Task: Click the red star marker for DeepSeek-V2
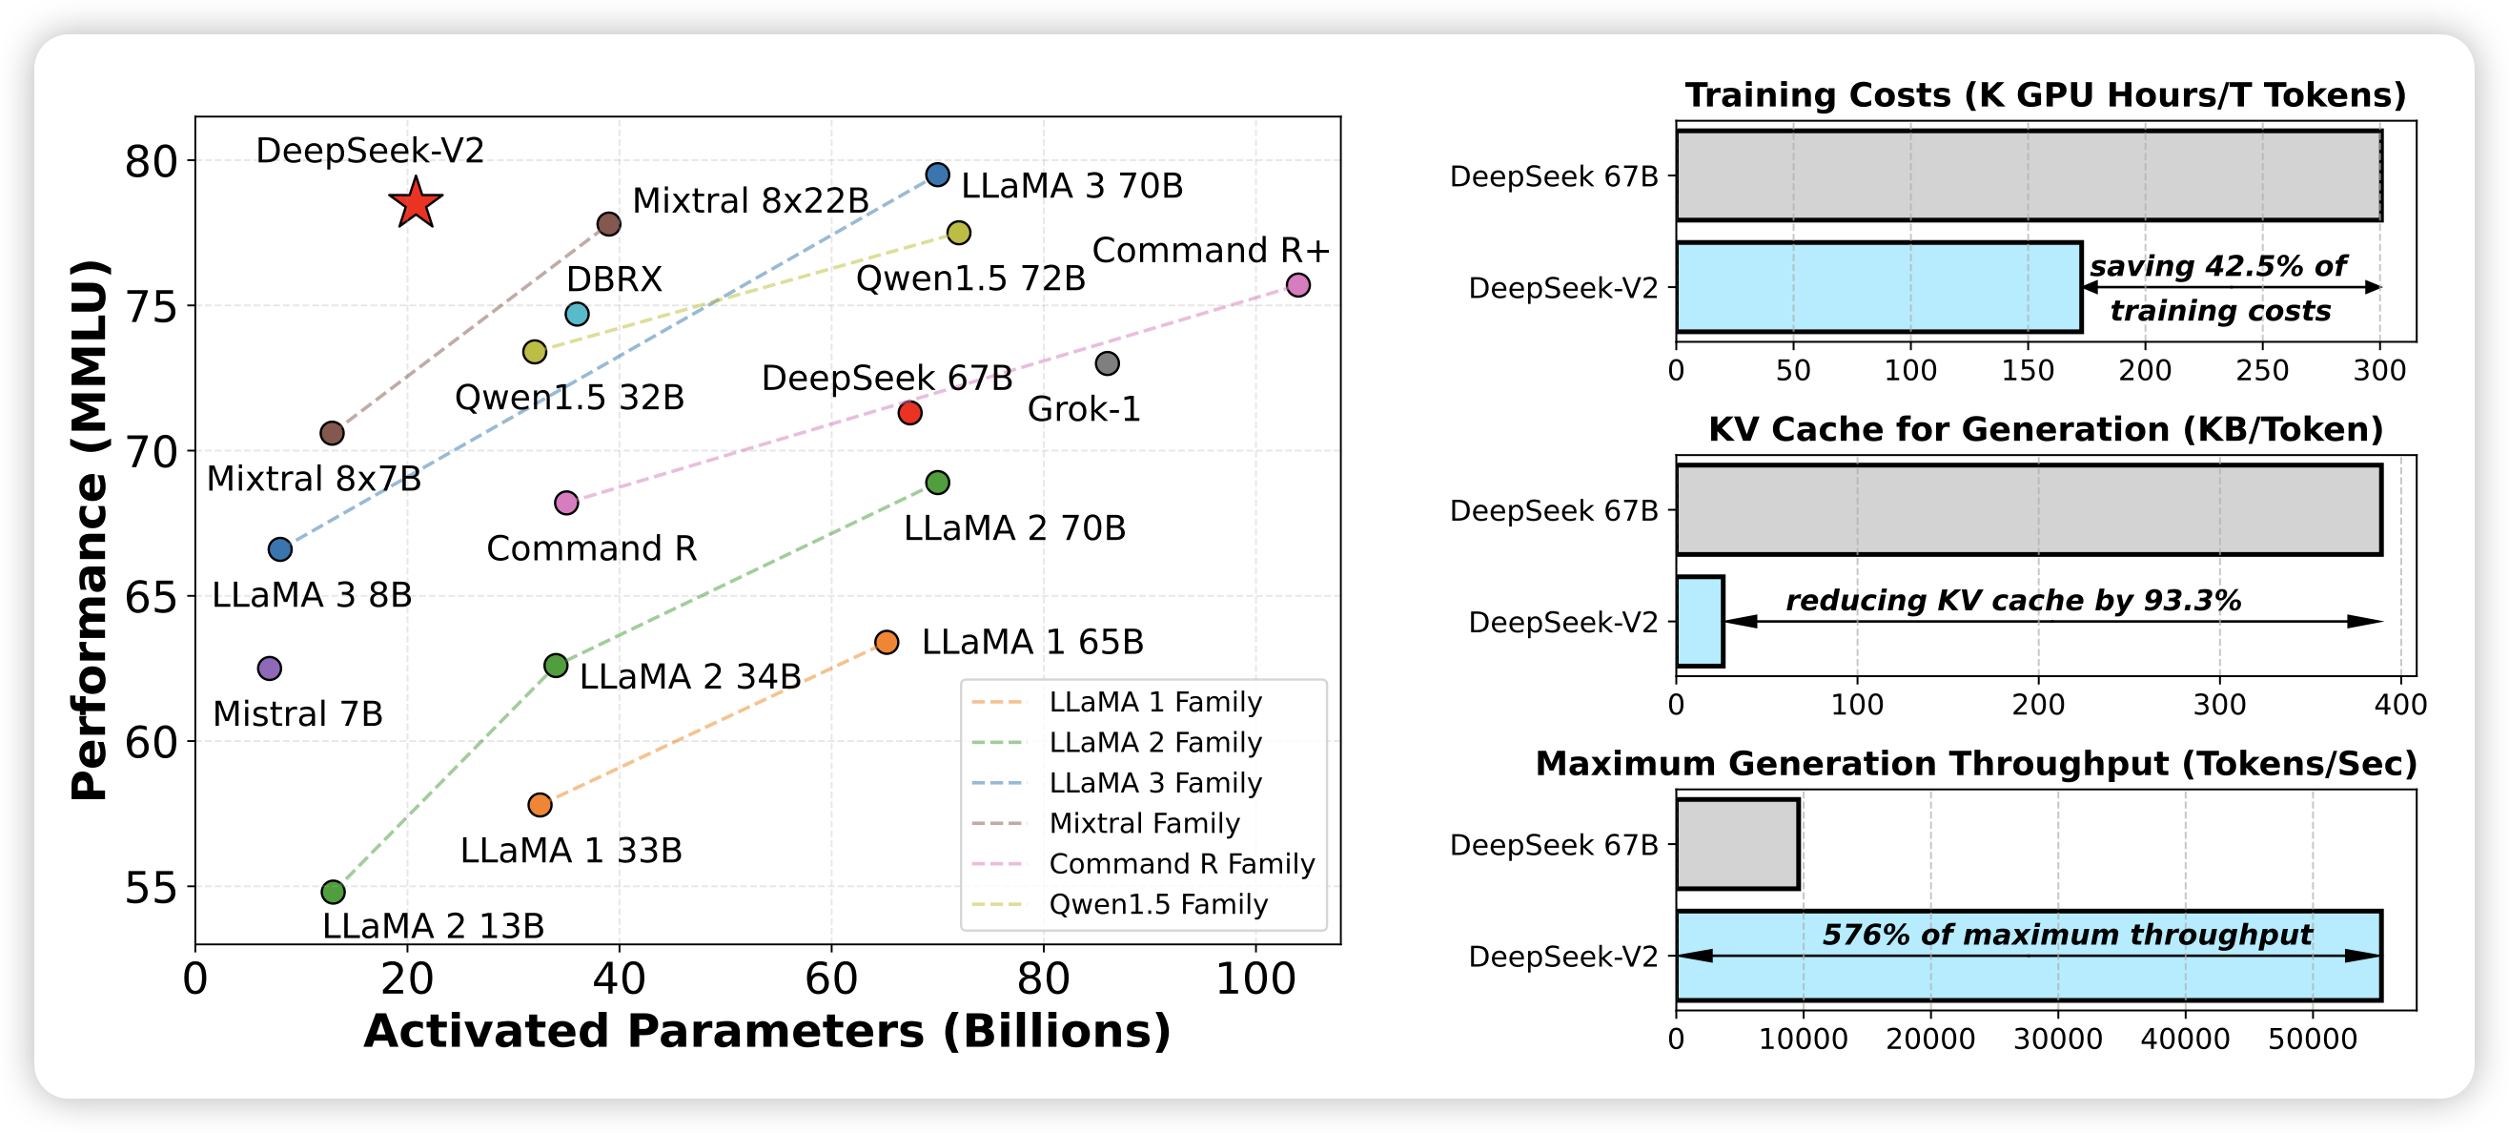(x=416, y=202)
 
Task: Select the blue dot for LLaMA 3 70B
(x=937, y=175)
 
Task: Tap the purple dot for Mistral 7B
(x=270, y=669)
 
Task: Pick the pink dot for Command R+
(x=1297, y=284)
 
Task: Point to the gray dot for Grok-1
(x=1107, y=363)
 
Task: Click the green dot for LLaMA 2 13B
(x=333, y=892)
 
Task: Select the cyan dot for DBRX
(x=577, y=314)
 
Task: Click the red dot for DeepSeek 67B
(x=909, y=413)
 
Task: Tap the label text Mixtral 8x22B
(x=750, y=200)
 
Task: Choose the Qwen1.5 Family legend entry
(x=1158, y=904)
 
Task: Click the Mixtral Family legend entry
(x=1145, y=823)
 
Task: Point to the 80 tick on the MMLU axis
(x=151, y=162)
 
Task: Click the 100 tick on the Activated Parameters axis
(x=1255, y=978)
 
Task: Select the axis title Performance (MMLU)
(x=90, y=530)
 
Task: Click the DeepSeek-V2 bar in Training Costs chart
(x=1878, y=287)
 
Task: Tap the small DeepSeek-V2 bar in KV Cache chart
(x=1700, y=622)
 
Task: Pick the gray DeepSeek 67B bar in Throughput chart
(x=1738, y=845)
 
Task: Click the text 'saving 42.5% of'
(x=2217, y=266)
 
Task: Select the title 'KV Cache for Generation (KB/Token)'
(x=2046, y=428)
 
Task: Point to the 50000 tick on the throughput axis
(x=2313, y=1039)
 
